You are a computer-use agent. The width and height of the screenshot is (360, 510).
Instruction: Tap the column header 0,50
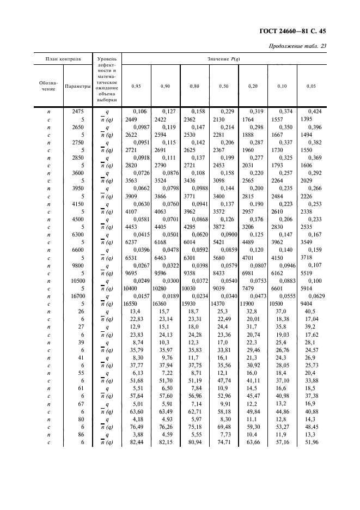[x=223, y=86]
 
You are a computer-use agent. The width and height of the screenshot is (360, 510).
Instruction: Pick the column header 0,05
[x=311, y=86]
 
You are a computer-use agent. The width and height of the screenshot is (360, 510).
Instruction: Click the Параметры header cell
[x=77, y=86]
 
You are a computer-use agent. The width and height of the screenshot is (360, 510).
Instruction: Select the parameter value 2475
[x=77, y=112]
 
